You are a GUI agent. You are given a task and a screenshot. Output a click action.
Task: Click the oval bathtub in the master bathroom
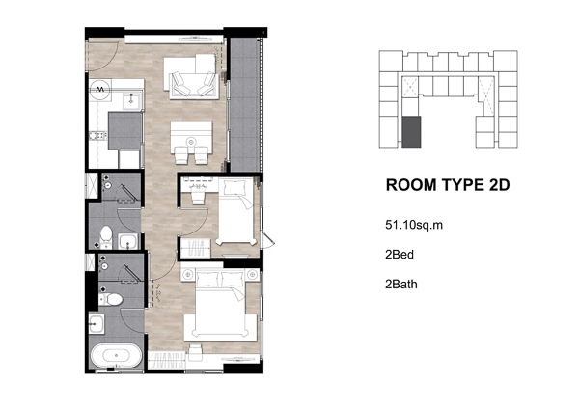coord(116,356)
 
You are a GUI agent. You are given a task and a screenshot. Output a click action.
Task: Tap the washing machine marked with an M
coord(99,90)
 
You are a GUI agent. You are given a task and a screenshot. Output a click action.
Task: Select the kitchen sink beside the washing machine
coord(131,100)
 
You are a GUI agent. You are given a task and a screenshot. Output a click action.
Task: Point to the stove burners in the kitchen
coord(98,136)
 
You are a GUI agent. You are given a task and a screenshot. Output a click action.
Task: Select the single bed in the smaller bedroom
coord(236,211)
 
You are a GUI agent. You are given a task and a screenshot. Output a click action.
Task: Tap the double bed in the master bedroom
coord(220,304)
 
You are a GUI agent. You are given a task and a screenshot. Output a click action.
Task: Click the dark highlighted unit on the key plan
coord(411,132)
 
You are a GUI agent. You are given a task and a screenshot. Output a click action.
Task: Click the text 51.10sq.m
coord(414,225)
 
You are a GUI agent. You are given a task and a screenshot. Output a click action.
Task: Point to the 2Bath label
coord(401,285)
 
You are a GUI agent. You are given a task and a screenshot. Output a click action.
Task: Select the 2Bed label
coord(400,255)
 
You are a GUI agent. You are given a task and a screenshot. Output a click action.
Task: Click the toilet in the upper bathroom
coord(106,235)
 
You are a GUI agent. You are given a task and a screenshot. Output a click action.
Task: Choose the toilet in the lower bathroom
coord(110,299)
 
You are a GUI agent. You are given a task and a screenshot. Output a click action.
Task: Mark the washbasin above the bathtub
coord(96,324)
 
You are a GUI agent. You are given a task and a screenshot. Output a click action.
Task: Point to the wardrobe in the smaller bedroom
coord(195,248)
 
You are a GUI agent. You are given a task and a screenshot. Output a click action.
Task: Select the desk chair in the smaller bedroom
coord(198,198)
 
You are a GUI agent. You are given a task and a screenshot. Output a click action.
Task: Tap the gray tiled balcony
coord(244,104)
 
